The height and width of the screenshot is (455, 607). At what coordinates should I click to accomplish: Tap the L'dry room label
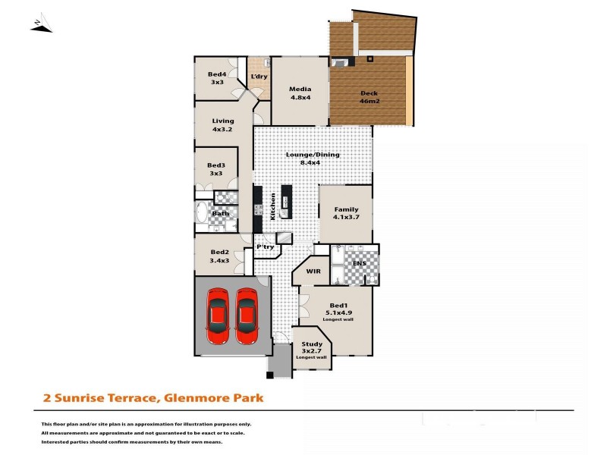coord(259,77)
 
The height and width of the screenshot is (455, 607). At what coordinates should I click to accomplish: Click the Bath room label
coord(220,213)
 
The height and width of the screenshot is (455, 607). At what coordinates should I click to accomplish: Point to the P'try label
coord(264,246)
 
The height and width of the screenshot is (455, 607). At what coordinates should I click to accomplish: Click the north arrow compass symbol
coord(41,26)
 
